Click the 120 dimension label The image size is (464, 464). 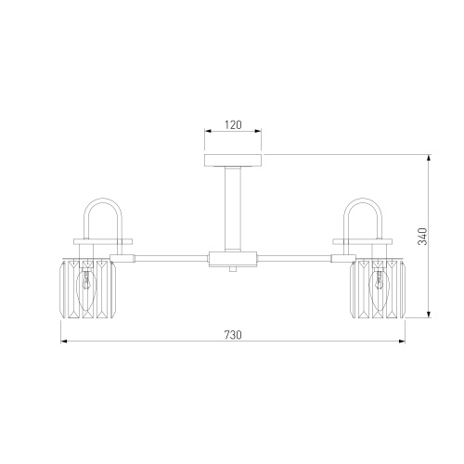tap(233, 125)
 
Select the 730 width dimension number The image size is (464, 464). tap(233, 335)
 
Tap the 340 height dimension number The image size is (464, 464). tap(422, 237)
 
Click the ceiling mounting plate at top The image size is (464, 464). tap(233, 160)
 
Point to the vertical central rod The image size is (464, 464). tap(233, 209)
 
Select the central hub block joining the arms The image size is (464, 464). tap(233, 259)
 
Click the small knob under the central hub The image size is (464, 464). tap(233, 269)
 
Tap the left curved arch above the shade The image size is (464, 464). tap(103, 199)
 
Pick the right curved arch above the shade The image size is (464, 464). tap(363, 199)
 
